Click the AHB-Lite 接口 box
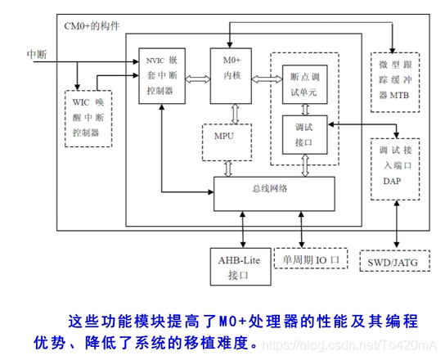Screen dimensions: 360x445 [x=240, y=266]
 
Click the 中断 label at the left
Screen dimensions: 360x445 [x=37, y=54]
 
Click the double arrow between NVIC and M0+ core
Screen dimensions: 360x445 [x=196, y=79]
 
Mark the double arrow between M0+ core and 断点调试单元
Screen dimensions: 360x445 [x=266, y=79]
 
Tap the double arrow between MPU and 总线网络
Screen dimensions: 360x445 [x=227, y=168]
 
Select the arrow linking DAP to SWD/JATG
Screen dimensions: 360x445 [x=396, y=226]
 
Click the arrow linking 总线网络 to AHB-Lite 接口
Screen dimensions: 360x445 [x=241, y=229]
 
